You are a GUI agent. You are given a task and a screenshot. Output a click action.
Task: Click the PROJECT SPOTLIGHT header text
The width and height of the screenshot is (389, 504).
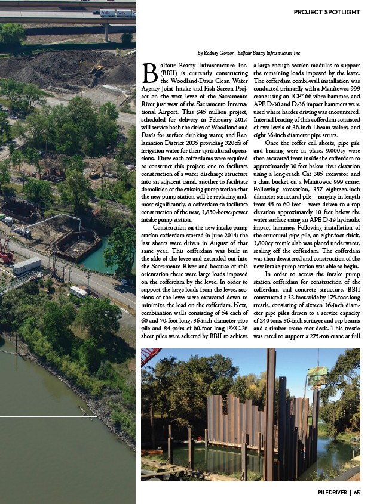coord(326,12)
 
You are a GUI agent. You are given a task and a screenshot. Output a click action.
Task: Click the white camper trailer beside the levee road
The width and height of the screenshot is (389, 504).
coord(78,292)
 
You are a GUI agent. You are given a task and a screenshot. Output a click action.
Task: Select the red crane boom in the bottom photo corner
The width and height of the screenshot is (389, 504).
coord(152,358)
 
